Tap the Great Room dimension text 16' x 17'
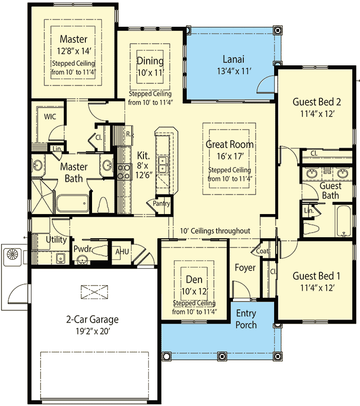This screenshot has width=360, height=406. [x=229, y=156]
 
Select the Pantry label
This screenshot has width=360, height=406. [x=161, y=204]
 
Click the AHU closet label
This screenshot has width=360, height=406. [x=122, y=252]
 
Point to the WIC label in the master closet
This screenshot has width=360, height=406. [x=50, y=116]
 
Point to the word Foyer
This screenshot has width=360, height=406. [x=245, y=268]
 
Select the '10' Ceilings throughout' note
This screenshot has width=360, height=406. [x=215, y=231]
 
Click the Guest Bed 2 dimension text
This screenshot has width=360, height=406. [x=314, y=113]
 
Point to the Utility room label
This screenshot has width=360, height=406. [x=56, y=240]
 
